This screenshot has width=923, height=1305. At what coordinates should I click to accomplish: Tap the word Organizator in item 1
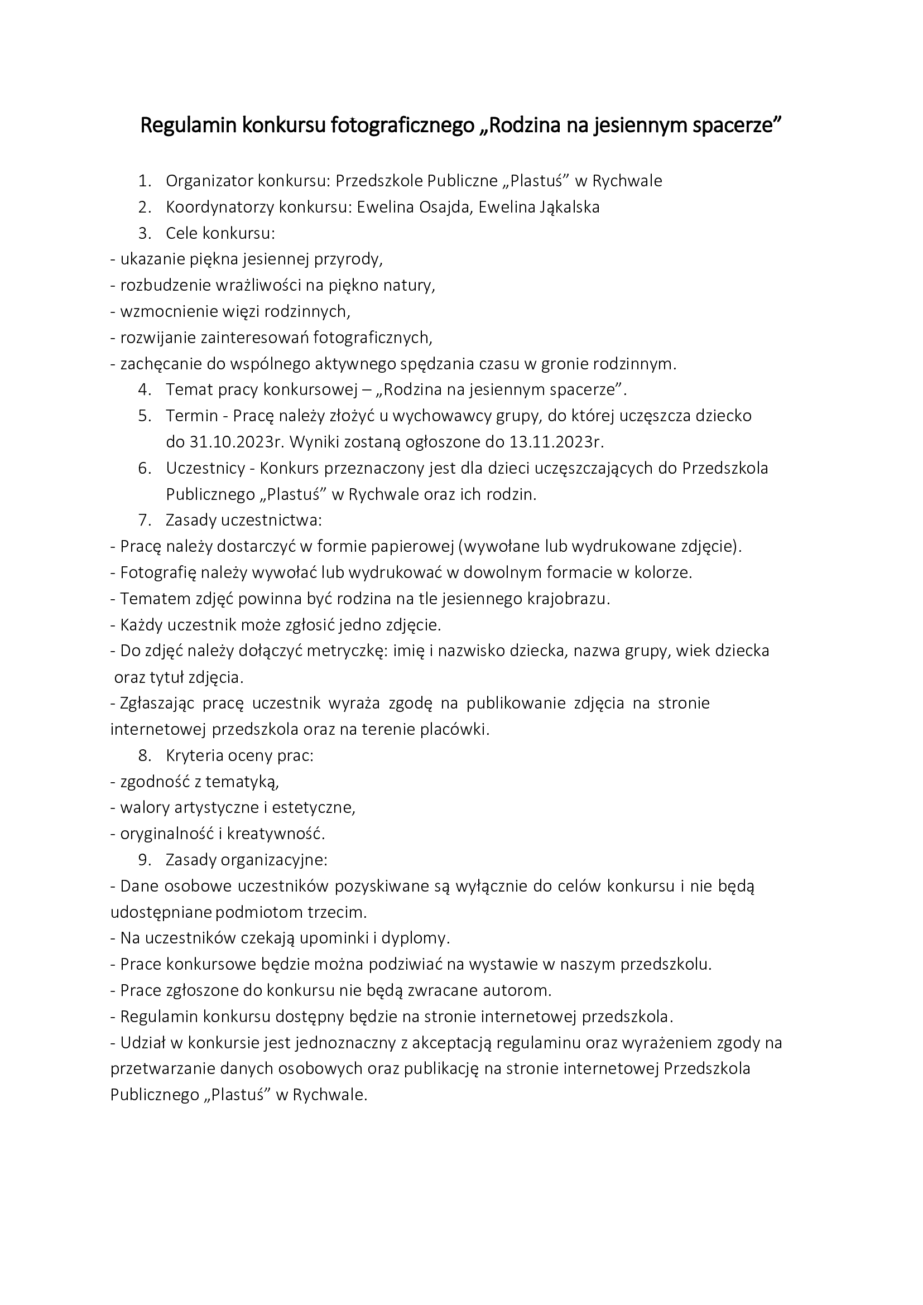point(209,181)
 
